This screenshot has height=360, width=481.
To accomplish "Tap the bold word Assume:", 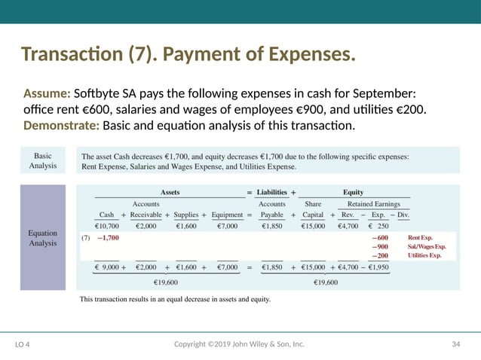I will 47,94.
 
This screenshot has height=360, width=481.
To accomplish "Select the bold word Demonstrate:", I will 61,125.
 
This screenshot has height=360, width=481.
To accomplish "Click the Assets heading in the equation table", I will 170,192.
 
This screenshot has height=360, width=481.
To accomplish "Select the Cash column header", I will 106,214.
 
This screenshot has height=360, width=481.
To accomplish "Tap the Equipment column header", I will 227,214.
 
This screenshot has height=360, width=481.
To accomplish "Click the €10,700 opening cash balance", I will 106,226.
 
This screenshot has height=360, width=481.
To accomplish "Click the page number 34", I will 455,344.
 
